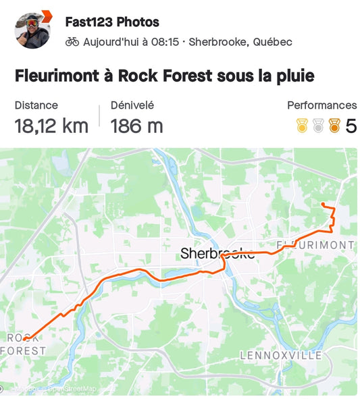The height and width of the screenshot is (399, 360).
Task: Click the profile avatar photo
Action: pyautogui.click(x=32, y=30)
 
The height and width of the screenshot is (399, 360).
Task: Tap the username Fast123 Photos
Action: pyautogui.click(x=112, y=22)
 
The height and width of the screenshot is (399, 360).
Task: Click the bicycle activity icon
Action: pyautogui.click(x=72, y=42)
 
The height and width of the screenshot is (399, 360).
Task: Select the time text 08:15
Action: pyautogui.click(x=165, y=42)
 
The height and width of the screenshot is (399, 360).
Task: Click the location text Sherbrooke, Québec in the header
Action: pyautogui.click(x=240, y=42)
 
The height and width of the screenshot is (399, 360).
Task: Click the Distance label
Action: pyautogui.click(x=36, y=105)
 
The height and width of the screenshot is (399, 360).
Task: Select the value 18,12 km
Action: pyautogui.click(x=51, y=126)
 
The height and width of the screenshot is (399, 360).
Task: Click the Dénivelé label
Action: pyautogui.click(x=132, y=105)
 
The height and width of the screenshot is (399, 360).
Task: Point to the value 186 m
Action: pyautogui.click(x=136, y=126)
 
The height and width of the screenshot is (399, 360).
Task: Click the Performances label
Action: pyautogui.click(x=322, y=105)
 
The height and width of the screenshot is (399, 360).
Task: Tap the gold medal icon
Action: pyautogui.click(x=301, y=126)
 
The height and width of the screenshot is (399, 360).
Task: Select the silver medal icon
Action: pyautogui.click(x=317, y=126)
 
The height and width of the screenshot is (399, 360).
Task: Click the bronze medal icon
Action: pyautogui.click(x=334, y=126)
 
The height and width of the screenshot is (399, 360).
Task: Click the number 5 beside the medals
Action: pyautogui.click(x=351, y=126)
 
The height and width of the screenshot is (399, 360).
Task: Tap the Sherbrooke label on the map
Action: pyautogui.click(x=217, y=254)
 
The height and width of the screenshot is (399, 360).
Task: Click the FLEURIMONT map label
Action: pyautogui.click(x=315, y=244)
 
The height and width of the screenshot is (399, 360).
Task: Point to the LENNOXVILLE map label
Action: pyautogui.click(x=281, y=355)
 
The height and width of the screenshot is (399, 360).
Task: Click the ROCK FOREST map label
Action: pyautogui.click(x=24, y=344)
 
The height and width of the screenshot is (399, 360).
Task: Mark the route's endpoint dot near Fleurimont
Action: pyautogui.click(x=324, y=204)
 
